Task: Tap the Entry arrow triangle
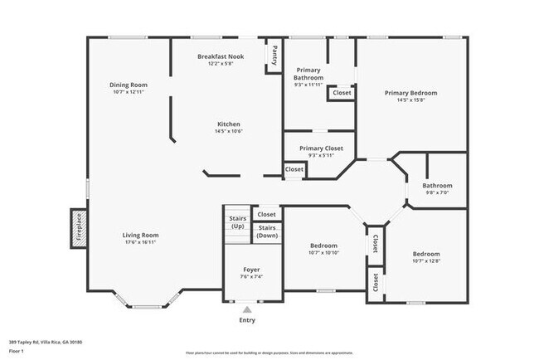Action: (246, 309)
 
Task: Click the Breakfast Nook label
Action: (220, 56)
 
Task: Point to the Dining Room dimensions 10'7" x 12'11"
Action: (128, 92)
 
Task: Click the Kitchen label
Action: (228, 124)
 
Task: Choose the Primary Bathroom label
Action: (308, 74)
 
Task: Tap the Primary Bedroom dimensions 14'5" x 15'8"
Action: (410, 100)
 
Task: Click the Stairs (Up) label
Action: (237, 223)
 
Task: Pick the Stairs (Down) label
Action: (267, 231)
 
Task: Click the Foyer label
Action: (251, 270)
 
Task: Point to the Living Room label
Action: (140, 235)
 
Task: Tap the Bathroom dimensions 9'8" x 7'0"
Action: (437, 192)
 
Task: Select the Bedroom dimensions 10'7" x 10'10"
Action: (323, 252)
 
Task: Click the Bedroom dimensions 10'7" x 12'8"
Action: (426, 260)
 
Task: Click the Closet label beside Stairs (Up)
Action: (266, 214)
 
